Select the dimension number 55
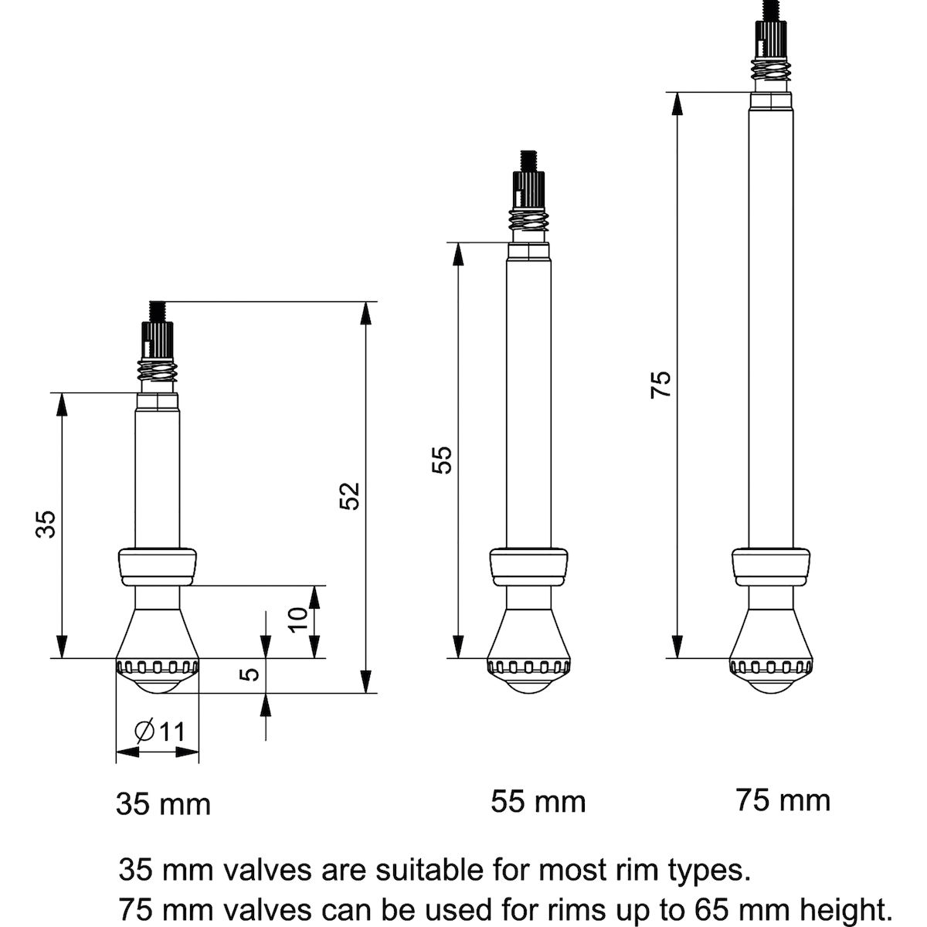pyautogui.click(x=440, y=460)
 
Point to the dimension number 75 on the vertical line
pyautogui.click(x=661, y=384)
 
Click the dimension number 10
pyautogui.click(x=298, y=620)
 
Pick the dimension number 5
pyautogui.click(x=249, y=674)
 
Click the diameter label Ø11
pyautogui.click(x=160, y=730)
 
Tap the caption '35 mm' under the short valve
pyautogui.click(x=163, y=804)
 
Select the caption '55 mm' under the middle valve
pyautogui.click(x=538, y=801)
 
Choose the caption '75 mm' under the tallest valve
pyautogui.click(x=783, y=800)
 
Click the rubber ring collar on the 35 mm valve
pyautogui.click(x=157, y=567)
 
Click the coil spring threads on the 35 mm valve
pyautogui.click(x=158, y=373)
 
